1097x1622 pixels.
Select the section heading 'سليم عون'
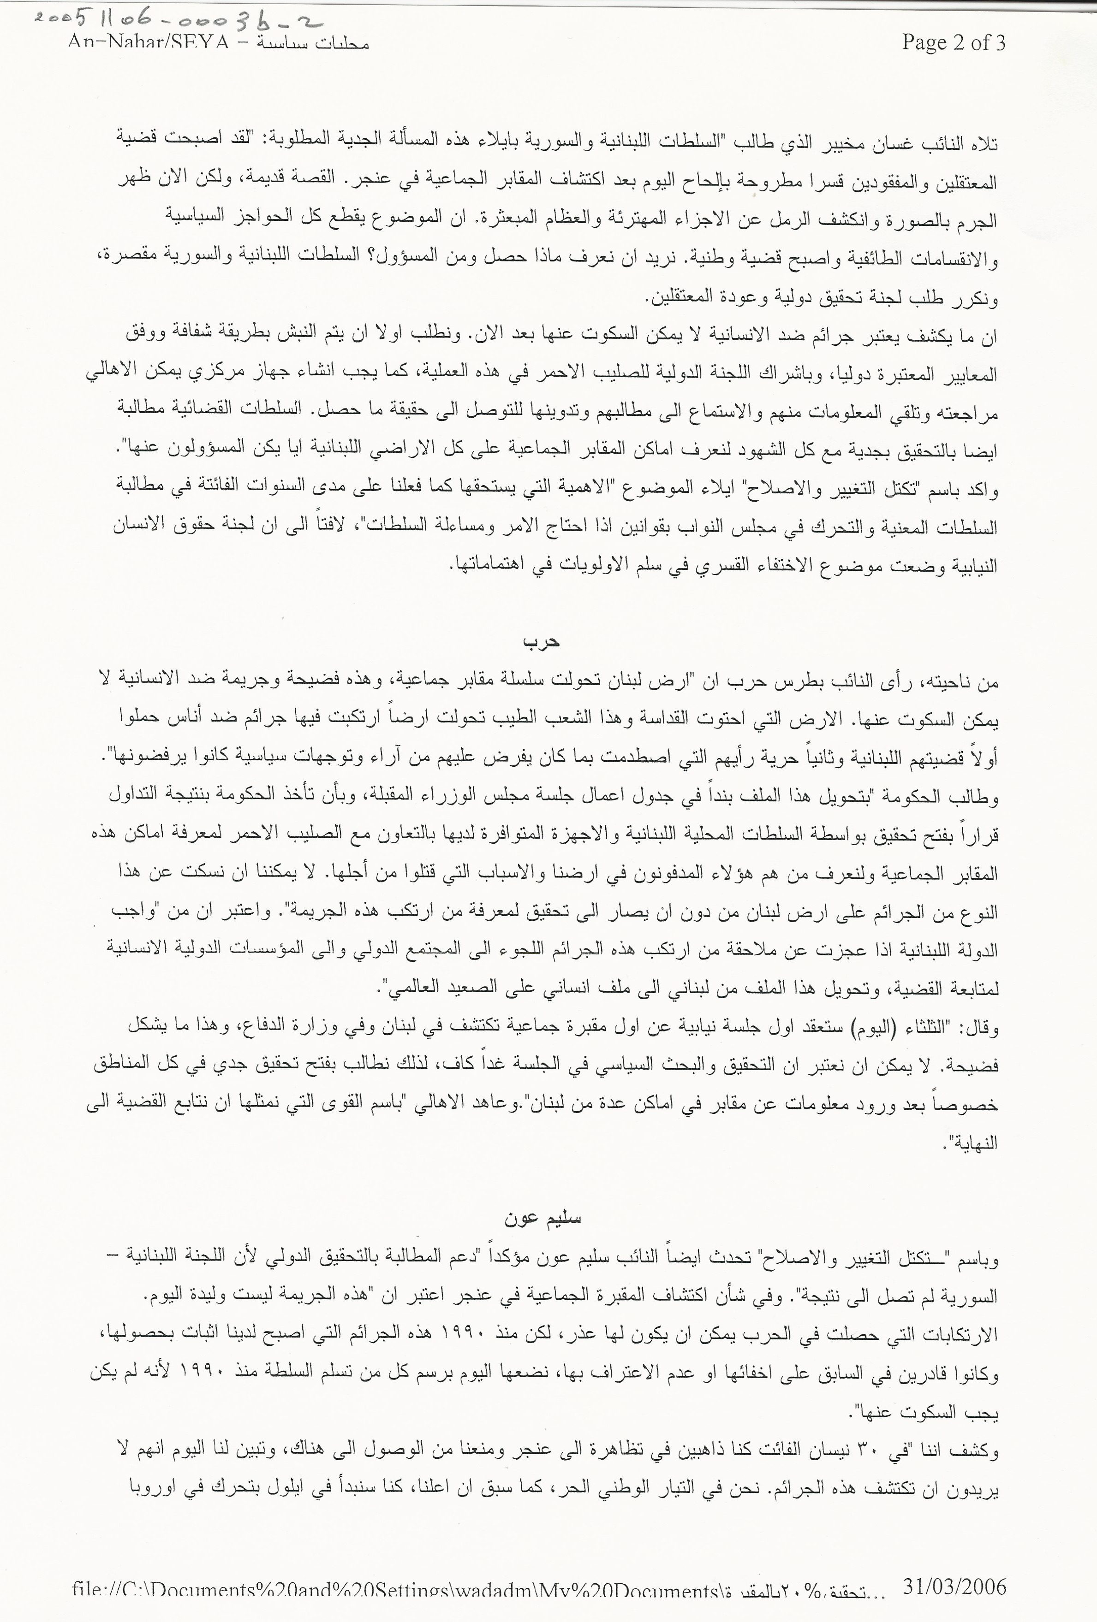click(x=543, y=1219)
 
